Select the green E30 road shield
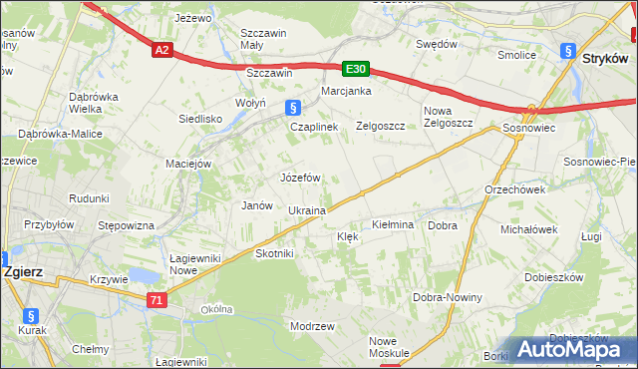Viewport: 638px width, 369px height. [x=356, y=69]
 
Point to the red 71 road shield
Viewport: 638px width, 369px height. [x=156, y=299]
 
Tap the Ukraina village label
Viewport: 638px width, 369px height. [x=307, y=211]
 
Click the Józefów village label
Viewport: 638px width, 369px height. [x=299, y=178]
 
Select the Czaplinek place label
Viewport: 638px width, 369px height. [x=314, y=128]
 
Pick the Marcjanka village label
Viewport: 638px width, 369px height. [x=346, y=91]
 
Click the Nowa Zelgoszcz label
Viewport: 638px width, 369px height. [x=449, y=117]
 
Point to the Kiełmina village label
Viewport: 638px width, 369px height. [x=392, y=225]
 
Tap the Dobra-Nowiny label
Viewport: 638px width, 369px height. [x=448, y=297]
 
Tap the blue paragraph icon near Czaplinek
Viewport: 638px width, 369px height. [x=291, y=108]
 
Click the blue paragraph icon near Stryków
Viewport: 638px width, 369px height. [x=567, y=51]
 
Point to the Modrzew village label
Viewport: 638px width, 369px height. [x=311, y=326]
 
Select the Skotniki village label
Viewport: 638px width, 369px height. [x=274, y=253]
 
